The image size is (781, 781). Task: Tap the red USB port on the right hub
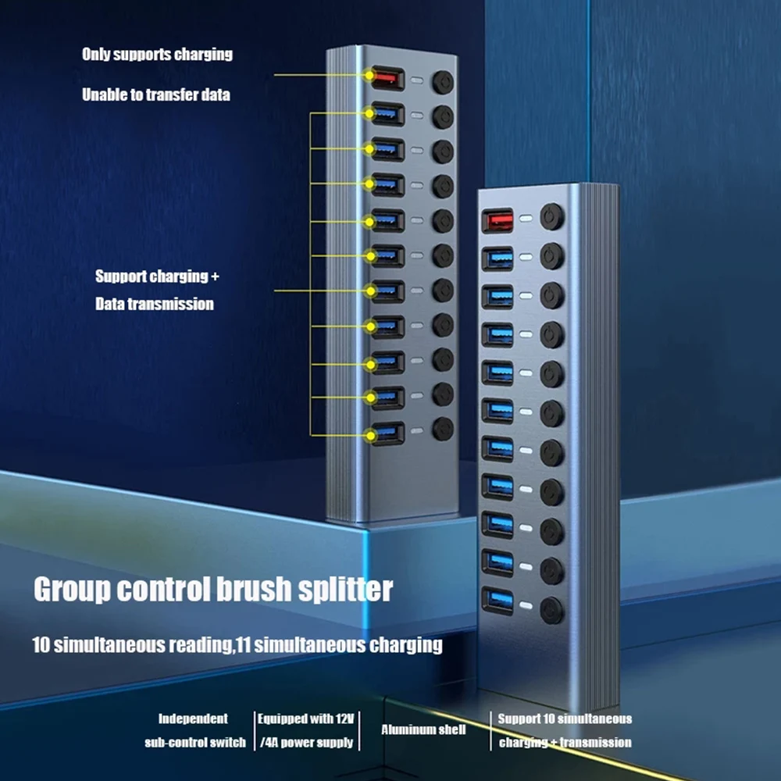[497, 220]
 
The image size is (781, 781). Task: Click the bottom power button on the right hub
[552, 608]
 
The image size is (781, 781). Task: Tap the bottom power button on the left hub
[444, 428]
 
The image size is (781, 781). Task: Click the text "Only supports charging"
[157, 55]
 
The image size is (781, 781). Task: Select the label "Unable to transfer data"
[156, 95]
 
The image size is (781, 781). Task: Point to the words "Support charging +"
[152, 276]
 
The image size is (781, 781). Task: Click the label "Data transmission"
[154, 304]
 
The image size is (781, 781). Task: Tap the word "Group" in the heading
[71, 590]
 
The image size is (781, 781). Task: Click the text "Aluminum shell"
[423, 729]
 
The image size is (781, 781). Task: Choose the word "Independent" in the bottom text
[194, 719]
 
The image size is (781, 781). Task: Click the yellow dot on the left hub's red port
[369, 76]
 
